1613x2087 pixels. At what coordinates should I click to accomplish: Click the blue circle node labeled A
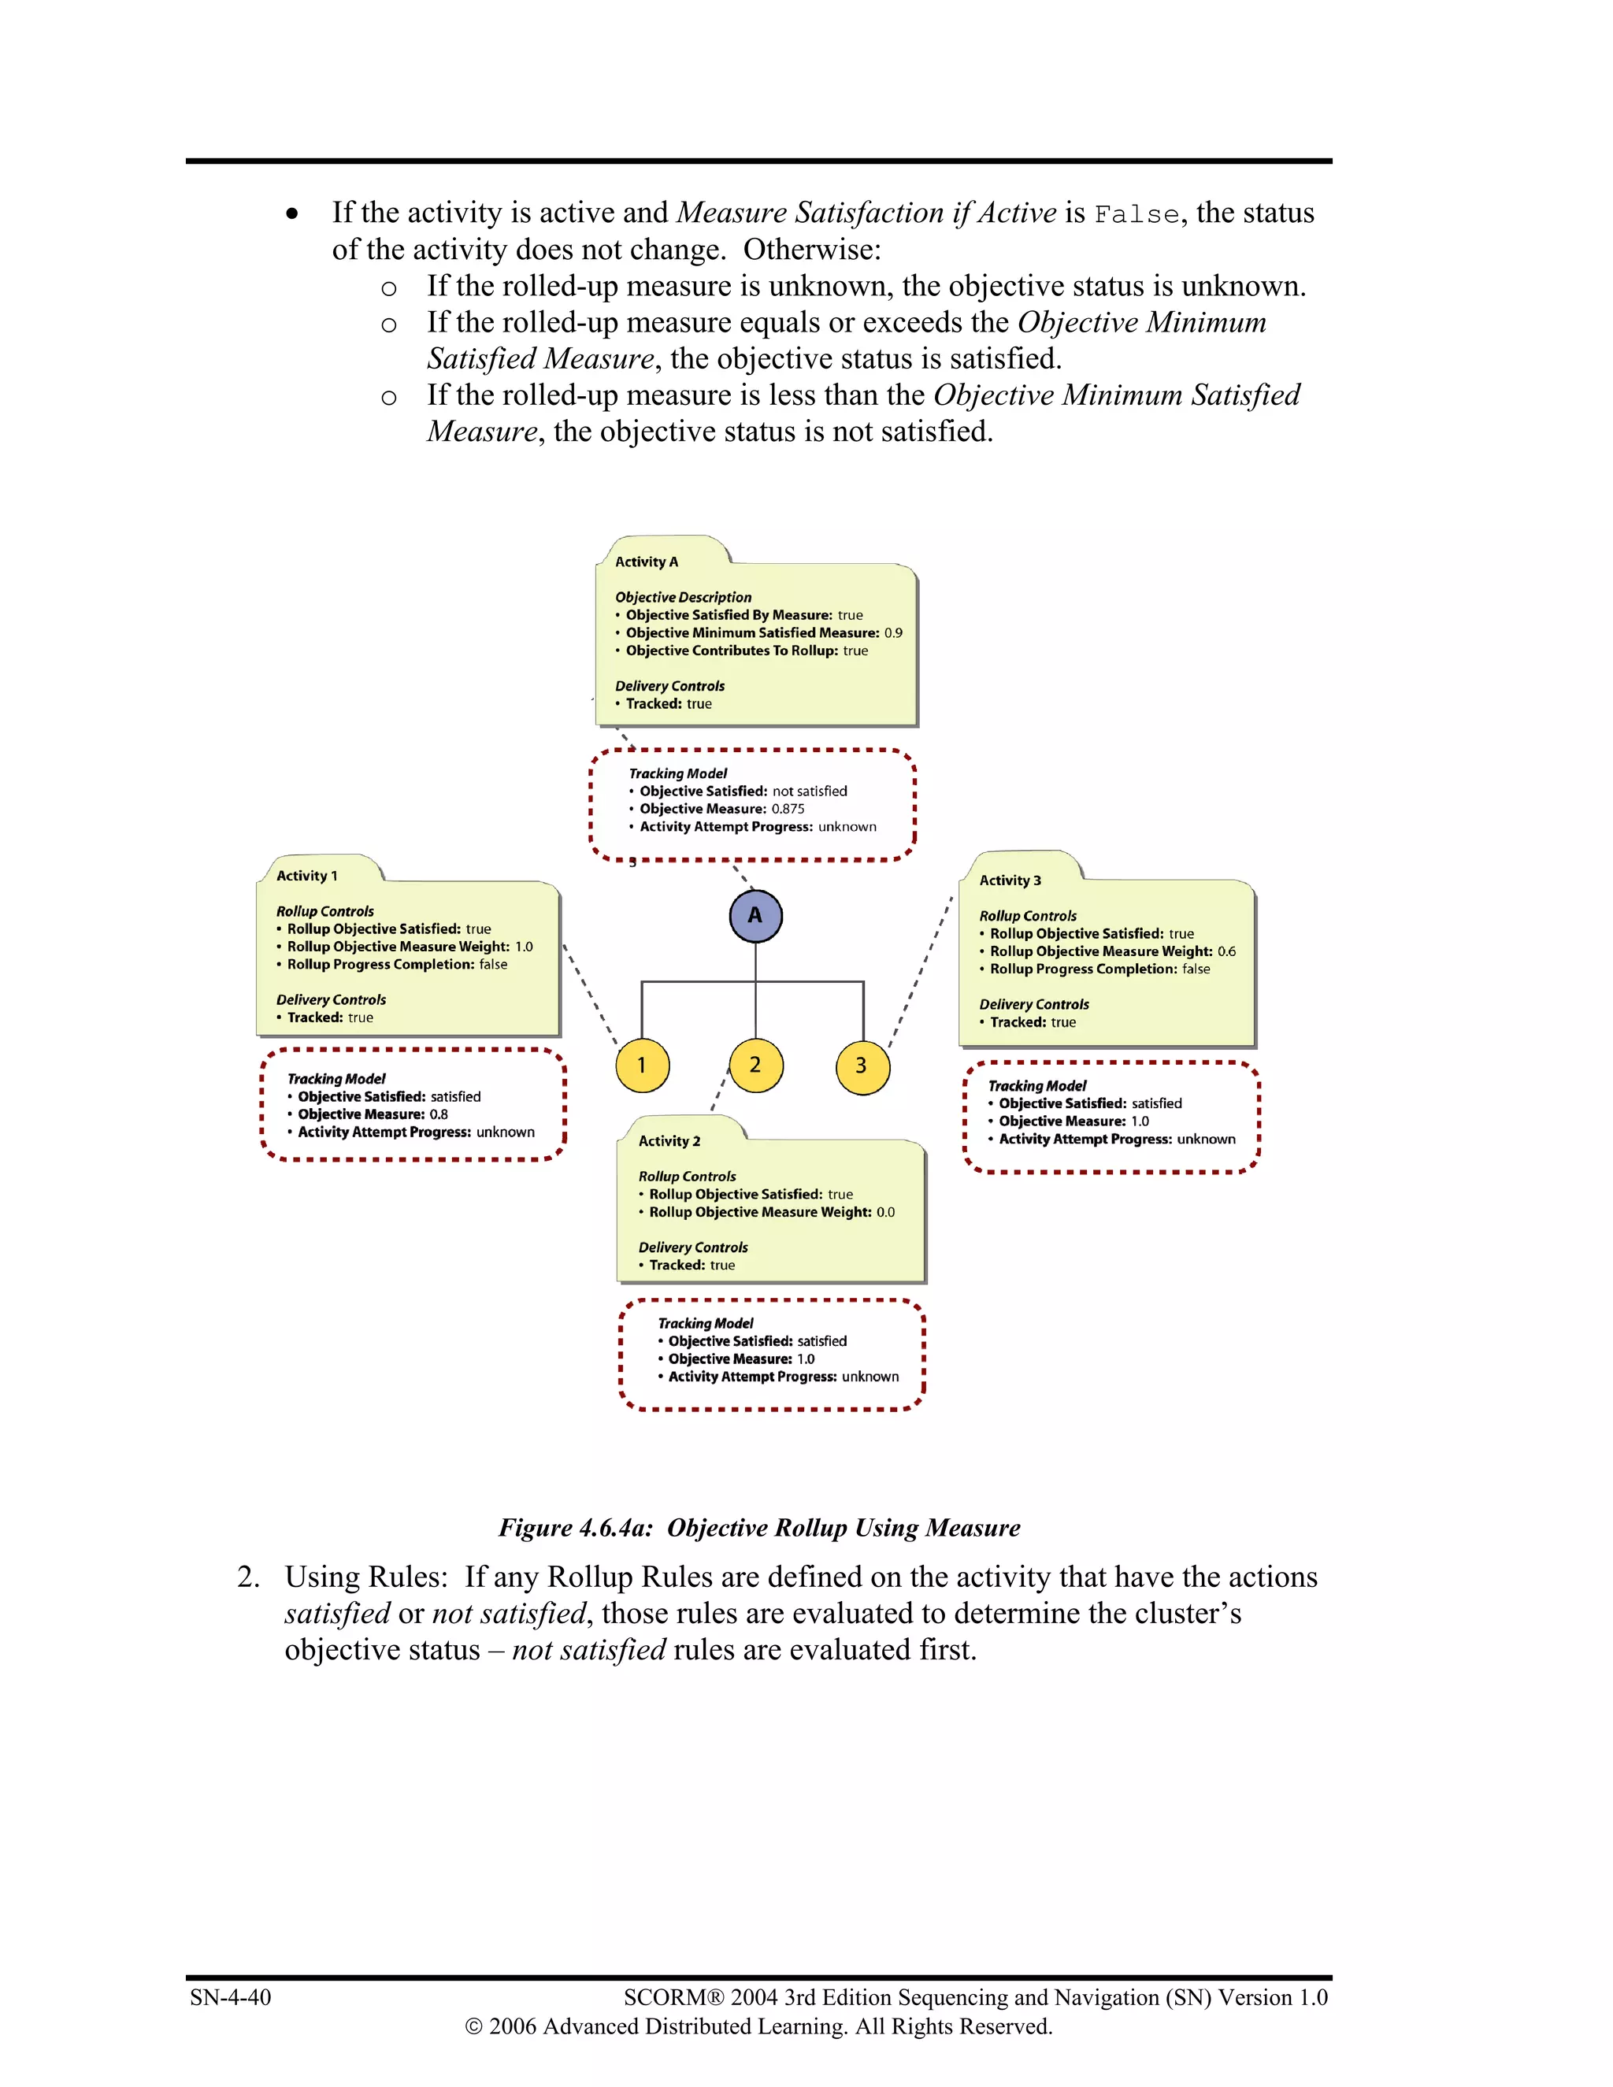(x=755, y=915)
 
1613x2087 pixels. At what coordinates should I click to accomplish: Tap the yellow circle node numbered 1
(x=641, y=1065)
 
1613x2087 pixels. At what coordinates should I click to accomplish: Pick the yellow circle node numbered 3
(x=862, y=1066)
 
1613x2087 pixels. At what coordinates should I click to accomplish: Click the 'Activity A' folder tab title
(x=646, y=562)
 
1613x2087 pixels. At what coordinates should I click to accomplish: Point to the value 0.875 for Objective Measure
(x=788, y=809)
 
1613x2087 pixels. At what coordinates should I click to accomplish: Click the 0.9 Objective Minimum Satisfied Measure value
(x=892, y=632)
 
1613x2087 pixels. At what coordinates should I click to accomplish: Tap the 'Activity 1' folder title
(x=306, y=875)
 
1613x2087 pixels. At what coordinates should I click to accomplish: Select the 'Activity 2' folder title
(x=669, y=1141)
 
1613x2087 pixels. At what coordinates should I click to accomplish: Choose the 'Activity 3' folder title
(x=1009, y=880)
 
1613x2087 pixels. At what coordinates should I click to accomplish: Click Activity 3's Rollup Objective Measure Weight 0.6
(x=1226, y=951)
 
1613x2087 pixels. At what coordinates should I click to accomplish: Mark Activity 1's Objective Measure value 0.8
(x=438, y=1114)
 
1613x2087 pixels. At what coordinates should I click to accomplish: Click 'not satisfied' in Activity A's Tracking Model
(x=810, y=791)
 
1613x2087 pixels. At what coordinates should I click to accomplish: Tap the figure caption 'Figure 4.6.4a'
(x=575, y=1527)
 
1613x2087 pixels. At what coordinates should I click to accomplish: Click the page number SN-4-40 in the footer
(x=230, y=1997)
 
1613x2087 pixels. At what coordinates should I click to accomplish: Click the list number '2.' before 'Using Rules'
(x=247, y=1577)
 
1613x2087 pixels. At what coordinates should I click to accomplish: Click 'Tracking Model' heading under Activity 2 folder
(x=705, y=1324)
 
